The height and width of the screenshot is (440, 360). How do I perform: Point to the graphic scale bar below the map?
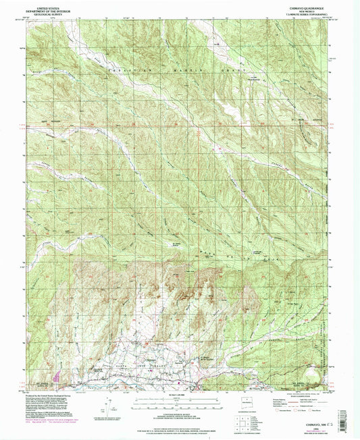click(x=179, y=402)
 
